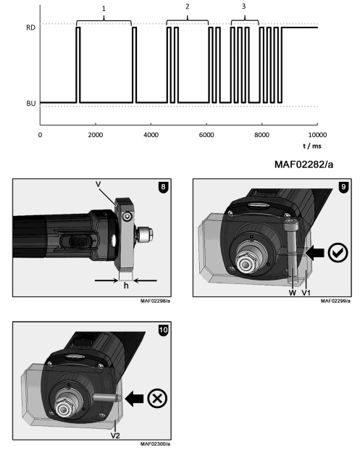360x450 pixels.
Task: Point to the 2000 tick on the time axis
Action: (x=95, y=136)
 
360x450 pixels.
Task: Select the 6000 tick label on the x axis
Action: (x=206, y=136)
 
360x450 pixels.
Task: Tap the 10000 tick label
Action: (x=317, y=136)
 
